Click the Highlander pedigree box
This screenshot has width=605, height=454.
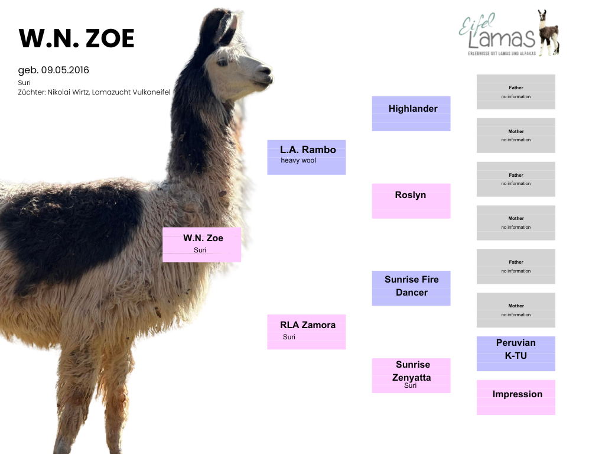tap(411, 113)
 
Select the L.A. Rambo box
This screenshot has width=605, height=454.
tap(307, 157)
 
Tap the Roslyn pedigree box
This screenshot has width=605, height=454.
tap(411, 201)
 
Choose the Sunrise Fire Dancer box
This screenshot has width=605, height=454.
tap(411, 288)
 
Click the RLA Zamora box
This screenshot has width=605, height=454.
tap(307, 332)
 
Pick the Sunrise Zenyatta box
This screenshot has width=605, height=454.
tap(411, 375)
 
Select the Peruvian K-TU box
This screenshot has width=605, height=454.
tap(516, 354)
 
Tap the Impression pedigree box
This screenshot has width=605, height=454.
tap(516, 397)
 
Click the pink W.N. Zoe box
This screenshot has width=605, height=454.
tap(202, 244)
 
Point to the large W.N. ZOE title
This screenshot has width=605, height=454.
tap(76, 38)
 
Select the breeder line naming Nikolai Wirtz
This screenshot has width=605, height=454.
tap(94, 92)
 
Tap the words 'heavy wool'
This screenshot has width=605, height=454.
tap(298, 160)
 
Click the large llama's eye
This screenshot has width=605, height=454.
tap(222, 63)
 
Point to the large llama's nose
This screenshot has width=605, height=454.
tap(266, 71)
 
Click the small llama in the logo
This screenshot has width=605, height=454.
tap(548, 33)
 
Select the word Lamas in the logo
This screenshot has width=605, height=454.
tap(502, 38)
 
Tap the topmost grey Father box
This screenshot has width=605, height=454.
tap(516, 92)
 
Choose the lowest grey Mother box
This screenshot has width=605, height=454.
tap(516, 310)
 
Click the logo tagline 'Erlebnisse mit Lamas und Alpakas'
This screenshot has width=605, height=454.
tap(502, 53)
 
